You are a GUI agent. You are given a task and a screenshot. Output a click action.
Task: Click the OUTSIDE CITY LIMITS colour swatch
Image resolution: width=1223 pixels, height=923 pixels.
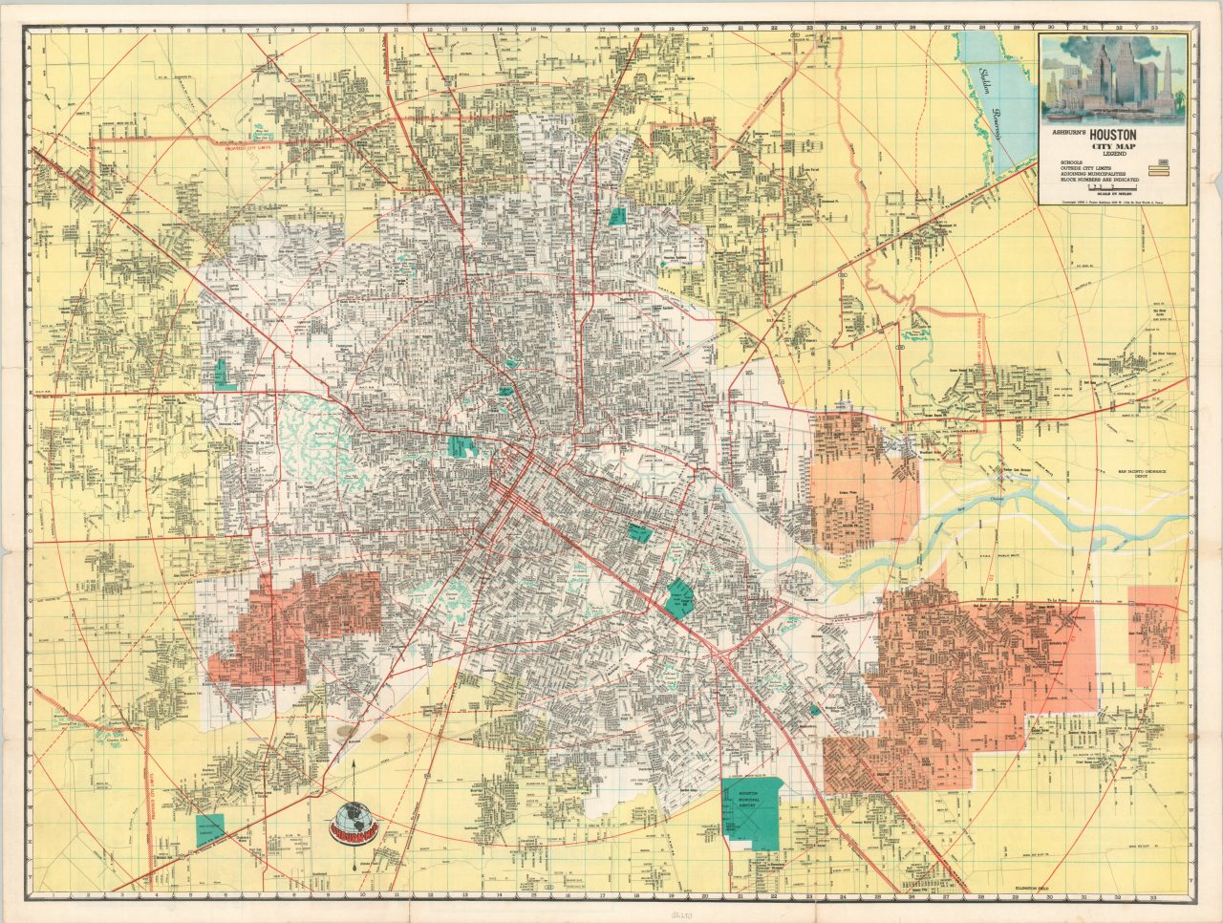[x=1162, y=169]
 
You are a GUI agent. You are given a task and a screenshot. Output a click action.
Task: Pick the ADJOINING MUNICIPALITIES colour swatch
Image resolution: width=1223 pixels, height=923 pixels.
[x=1162, y=176]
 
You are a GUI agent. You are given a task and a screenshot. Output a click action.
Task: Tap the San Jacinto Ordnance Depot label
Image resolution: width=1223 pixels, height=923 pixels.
[x=1149, y=475]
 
